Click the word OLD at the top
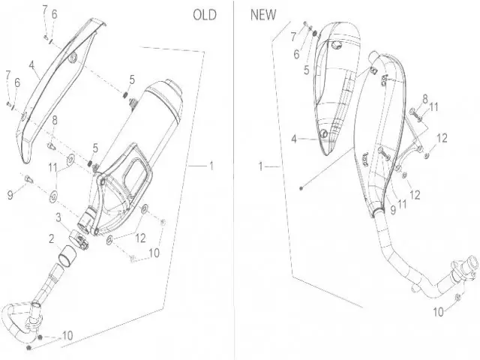[205, 14]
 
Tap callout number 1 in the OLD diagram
[211, 164]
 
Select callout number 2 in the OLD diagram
[51, 239]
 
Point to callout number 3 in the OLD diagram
[57, 217]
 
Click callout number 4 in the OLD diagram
[32, 65]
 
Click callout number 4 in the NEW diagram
[295, 138]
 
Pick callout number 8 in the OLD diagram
[54, 120]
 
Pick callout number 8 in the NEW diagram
[424, 98]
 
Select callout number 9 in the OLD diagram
[10, 195]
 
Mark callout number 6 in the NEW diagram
[296, 54]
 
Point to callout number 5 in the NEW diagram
[307, 70]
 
